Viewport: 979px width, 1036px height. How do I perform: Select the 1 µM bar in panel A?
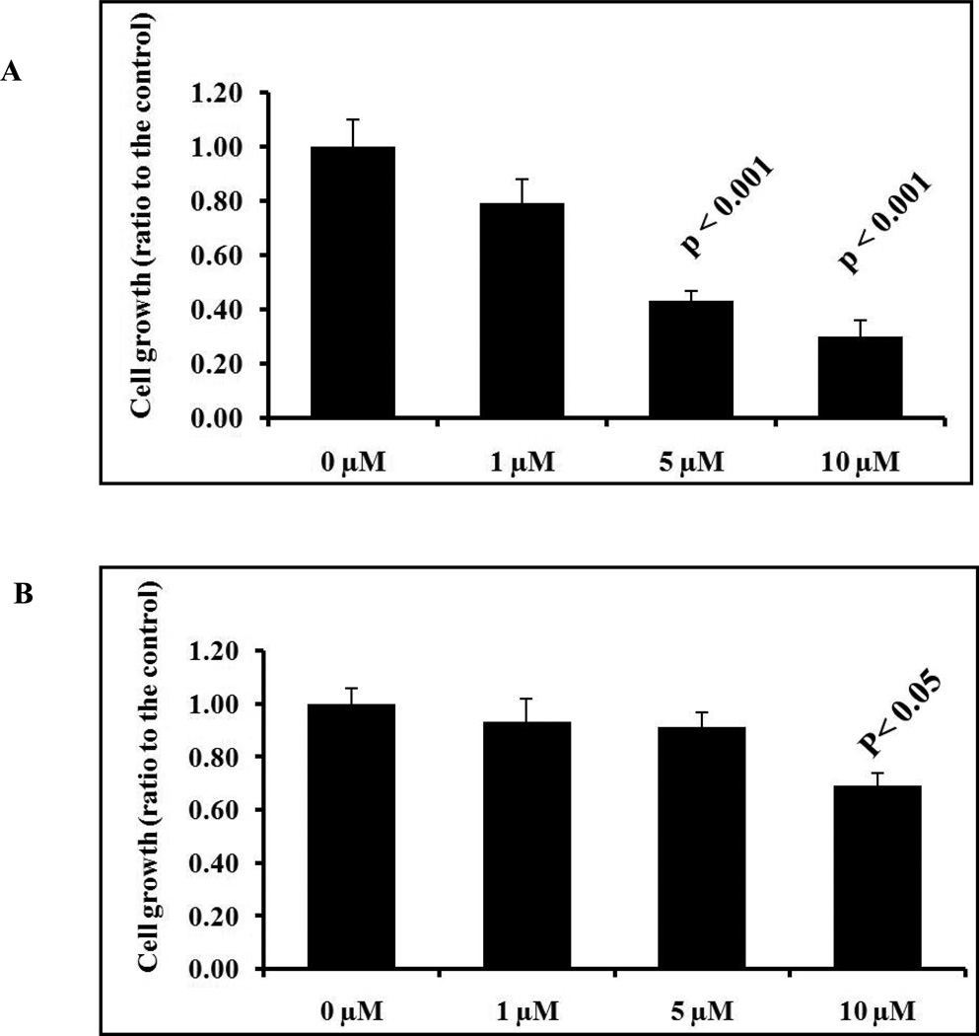522,311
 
